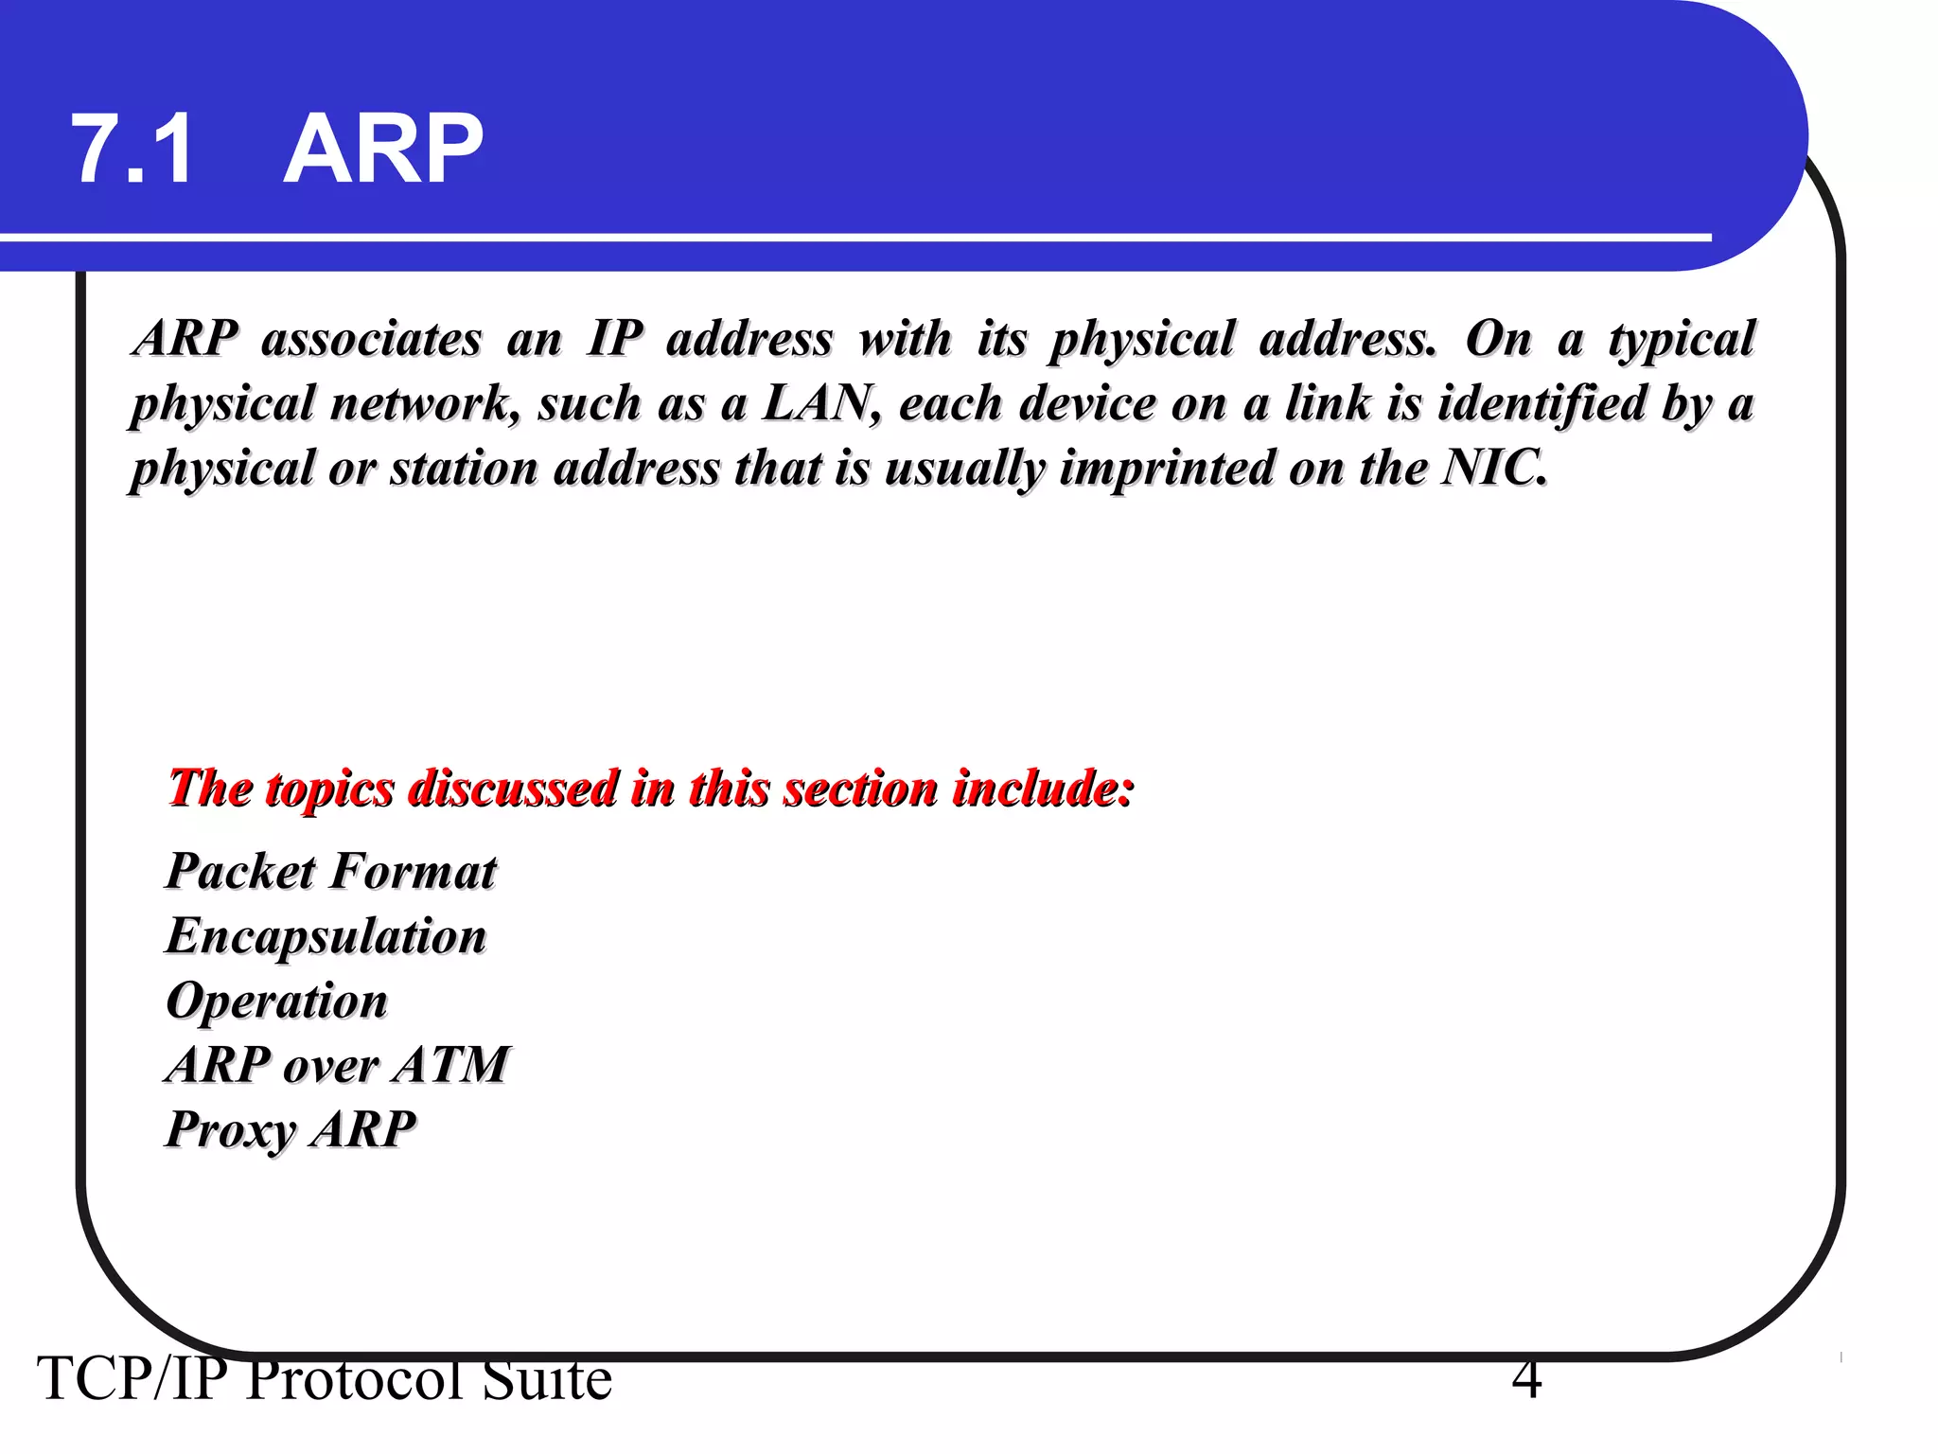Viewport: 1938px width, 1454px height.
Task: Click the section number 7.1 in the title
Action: (132, 150)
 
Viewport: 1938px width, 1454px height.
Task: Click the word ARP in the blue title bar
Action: (383, 150)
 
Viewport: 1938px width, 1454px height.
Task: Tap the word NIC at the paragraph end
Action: (1493, 467)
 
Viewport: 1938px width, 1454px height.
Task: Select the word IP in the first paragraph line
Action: (615, 338)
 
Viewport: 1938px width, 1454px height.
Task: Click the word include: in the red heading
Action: (1043, 788)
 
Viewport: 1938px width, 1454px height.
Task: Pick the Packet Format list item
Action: (331, 871)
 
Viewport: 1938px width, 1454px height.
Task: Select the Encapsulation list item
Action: (326, 936)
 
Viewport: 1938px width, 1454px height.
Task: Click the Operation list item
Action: (277, 1001)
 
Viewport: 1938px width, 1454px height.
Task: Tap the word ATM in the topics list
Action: (452, 1064)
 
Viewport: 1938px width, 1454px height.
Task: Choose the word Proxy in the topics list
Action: (231, 1130)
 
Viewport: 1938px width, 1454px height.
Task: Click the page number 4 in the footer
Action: (1526, 1380)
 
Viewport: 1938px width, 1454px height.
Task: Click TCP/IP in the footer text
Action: (132, 1380)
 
